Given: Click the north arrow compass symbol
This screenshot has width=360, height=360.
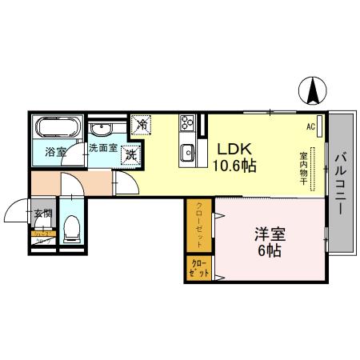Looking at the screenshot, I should tap(312, 91).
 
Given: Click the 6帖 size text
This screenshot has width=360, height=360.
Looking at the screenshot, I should tap(270, 250).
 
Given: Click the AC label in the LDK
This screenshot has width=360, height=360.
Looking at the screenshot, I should tap(310, 126).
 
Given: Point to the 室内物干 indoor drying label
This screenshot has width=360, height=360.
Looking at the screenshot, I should tap(304, 168).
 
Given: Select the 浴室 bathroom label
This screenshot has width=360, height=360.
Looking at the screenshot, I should tap(56, 151).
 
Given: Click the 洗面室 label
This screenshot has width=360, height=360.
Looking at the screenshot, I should tap(102, 148).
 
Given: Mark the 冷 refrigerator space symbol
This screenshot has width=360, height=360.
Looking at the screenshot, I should tap(141, 126).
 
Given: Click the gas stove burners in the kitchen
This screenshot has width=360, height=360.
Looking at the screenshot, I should tap(189, 123).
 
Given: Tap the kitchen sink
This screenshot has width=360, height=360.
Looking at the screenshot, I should tap(189, 151).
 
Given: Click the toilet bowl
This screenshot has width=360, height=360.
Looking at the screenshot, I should tap(71, 230).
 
